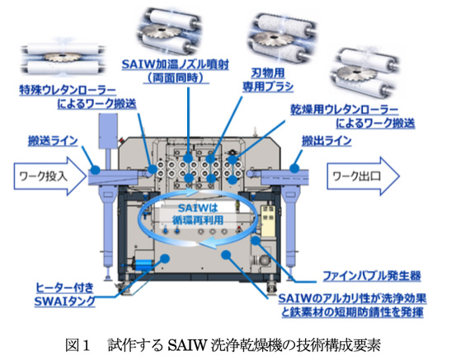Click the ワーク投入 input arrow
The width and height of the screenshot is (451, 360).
tap(49, 176)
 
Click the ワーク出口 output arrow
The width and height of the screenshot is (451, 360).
tap(363, 176)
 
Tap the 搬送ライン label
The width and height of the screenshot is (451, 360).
tap(53, 141)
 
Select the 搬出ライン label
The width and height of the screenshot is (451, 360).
tap(327, 141)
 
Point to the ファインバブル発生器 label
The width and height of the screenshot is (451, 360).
tap(372, 276)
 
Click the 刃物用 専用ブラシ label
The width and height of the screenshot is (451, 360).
tap(268, 80)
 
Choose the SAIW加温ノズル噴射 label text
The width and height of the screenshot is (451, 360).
tap(175, 64)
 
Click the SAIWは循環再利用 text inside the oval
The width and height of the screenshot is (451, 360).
tap(198, 213)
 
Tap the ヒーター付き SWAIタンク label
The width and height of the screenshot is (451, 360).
tap(64, 294)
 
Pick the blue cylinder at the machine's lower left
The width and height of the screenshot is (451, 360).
tap(143, 265)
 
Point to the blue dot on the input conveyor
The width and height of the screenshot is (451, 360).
tap(95, 170)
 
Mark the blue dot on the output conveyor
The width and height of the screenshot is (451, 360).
tap(294, 168)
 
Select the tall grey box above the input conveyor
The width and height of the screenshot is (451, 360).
tap(108, 131)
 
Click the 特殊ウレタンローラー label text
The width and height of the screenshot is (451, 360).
tap(68, 91)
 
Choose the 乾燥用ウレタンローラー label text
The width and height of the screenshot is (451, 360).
tap(345, 110)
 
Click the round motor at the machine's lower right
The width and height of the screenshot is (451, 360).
tap(264, 259)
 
